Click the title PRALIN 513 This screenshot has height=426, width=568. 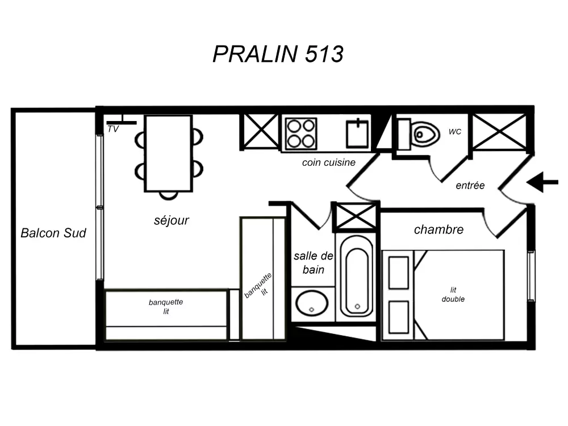(x=278, y=54)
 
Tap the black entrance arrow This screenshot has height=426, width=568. (x=542, y=183)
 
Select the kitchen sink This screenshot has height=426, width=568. (x=358, y=133)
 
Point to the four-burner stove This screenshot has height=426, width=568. (x=300, y=133)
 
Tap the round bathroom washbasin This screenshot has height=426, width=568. (x=311, y=303)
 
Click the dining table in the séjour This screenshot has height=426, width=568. (x=168, y=153)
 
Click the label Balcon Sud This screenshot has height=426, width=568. (x=53, y=233)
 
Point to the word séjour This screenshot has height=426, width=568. (x=172, y=220)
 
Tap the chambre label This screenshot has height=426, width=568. (x=438, y=229)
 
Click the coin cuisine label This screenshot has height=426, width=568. (x=329, y=162)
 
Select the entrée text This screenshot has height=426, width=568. (x=470, y=185)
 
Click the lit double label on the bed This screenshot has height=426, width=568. (x=453, y=294)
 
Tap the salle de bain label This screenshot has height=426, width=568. (x=314, y=262)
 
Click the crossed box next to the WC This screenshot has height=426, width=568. (x=500, y=132)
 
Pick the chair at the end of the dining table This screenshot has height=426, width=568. (x=168, y=195)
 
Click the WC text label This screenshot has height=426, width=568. (x=455, y=132)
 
